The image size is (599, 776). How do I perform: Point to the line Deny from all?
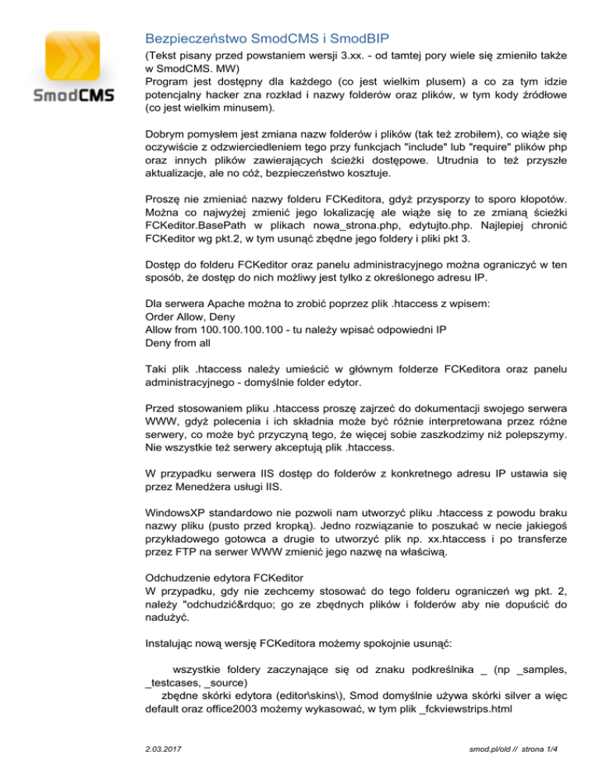coord(179,342)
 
